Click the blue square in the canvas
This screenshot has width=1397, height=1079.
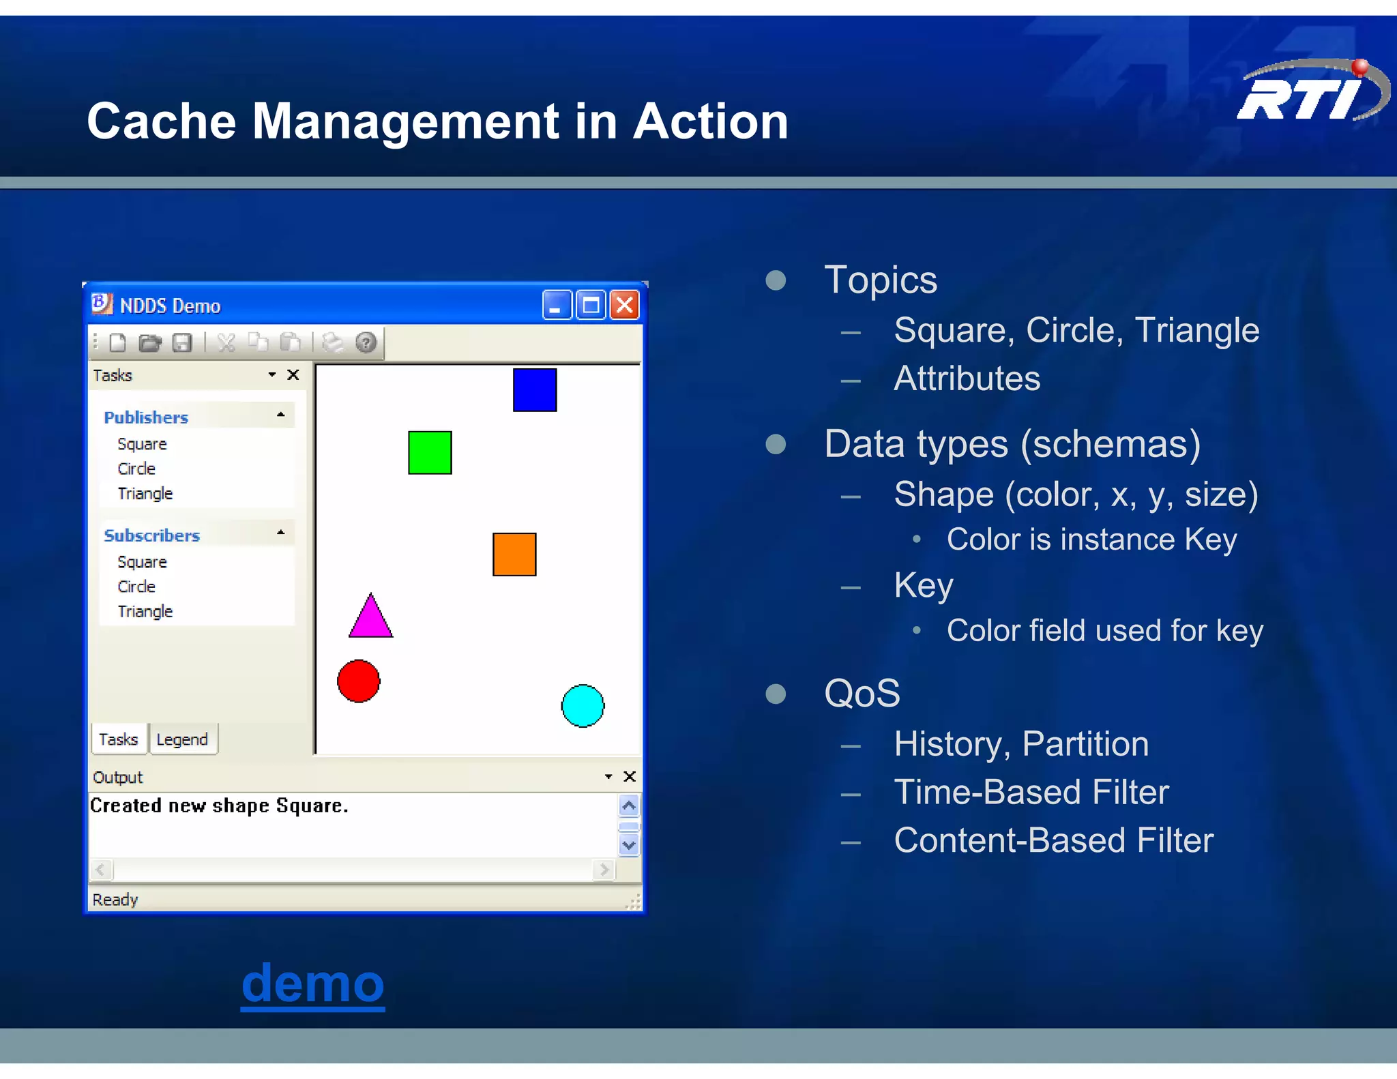pyautogui.click(x=534, y=390)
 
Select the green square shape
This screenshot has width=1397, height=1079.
pyautogui.click(x=430, y=452)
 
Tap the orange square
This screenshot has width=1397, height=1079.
pyautogui.click(x=514, y=555)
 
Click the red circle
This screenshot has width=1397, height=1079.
pyautogui.click(x=358, y=681)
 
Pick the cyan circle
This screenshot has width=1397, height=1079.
pyautogui.click(x=583, y=706)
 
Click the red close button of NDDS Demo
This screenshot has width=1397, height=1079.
pyautogui.click(x=624, y=305)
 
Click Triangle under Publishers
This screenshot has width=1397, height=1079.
pyautogui.click(x=145, y=493)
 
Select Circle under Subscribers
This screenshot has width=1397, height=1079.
pyautogui.click(x=136, y=587)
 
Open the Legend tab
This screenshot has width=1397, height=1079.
pyautogui.click(x=181, y=739)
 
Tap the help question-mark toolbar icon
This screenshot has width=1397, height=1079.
pyautogui.click(x=366, y=342)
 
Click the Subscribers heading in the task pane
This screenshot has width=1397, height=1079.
pyautogui.click(x=151, y=535)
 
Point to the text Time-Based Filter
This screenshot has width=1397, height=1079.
pyautogui.click(x=1031, y=792)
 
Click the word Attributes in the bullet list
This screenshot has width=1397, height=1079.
pyautogui.click(x=967, y=379)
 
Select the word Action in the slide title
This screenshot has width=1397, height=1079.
pyautogui.click(x=710, y=121)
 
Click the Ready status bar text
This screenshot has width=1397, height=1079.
pyautogui.click(x=115, y=900)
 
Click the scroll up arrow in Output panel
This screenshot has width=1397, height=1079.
pyautogui.click(x=628, y=805)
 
